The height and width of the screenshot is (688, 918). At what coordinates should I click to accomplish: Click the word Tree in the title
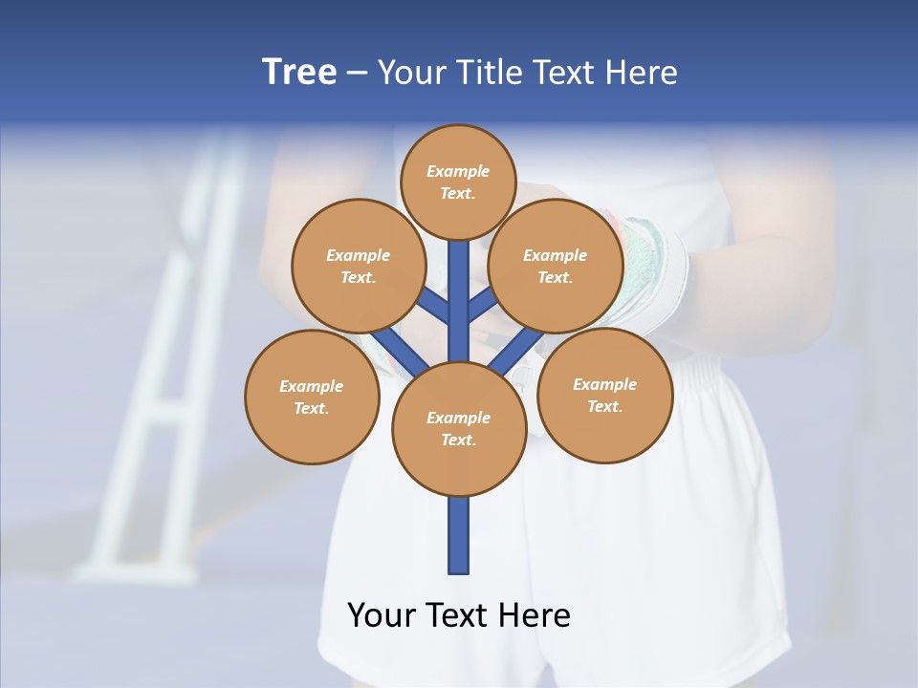299,73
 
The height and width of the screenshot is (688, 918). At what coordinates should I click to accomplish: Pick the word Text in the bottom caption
459,615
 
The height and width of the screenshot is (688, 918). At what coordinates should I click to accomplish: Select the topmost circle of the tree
458,182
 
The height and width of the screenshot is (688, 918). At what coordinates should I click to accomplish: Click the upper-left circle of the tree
359,266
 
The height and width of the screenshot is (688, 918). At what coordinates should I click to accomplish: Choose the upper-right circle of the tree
556,266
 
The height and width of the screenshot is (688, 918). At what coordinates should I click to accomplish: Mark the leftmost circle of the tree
312,397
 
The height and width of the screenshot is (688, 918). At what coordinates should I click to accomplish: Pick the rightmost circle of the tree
605,395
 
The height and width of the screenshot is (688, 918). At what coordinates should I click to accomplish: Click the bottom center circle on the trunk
459,429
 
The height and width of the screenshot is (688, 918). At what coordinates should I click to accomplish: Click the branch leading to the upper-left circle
435,306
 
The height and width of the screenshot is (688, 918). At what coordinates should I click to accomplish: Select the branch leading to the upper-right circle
482,306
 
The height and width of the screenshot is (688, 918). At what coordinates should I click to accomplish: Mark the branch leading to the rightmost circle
516,351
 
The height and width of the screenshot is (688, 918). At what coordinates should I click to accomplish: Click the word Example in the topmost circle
458,172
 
